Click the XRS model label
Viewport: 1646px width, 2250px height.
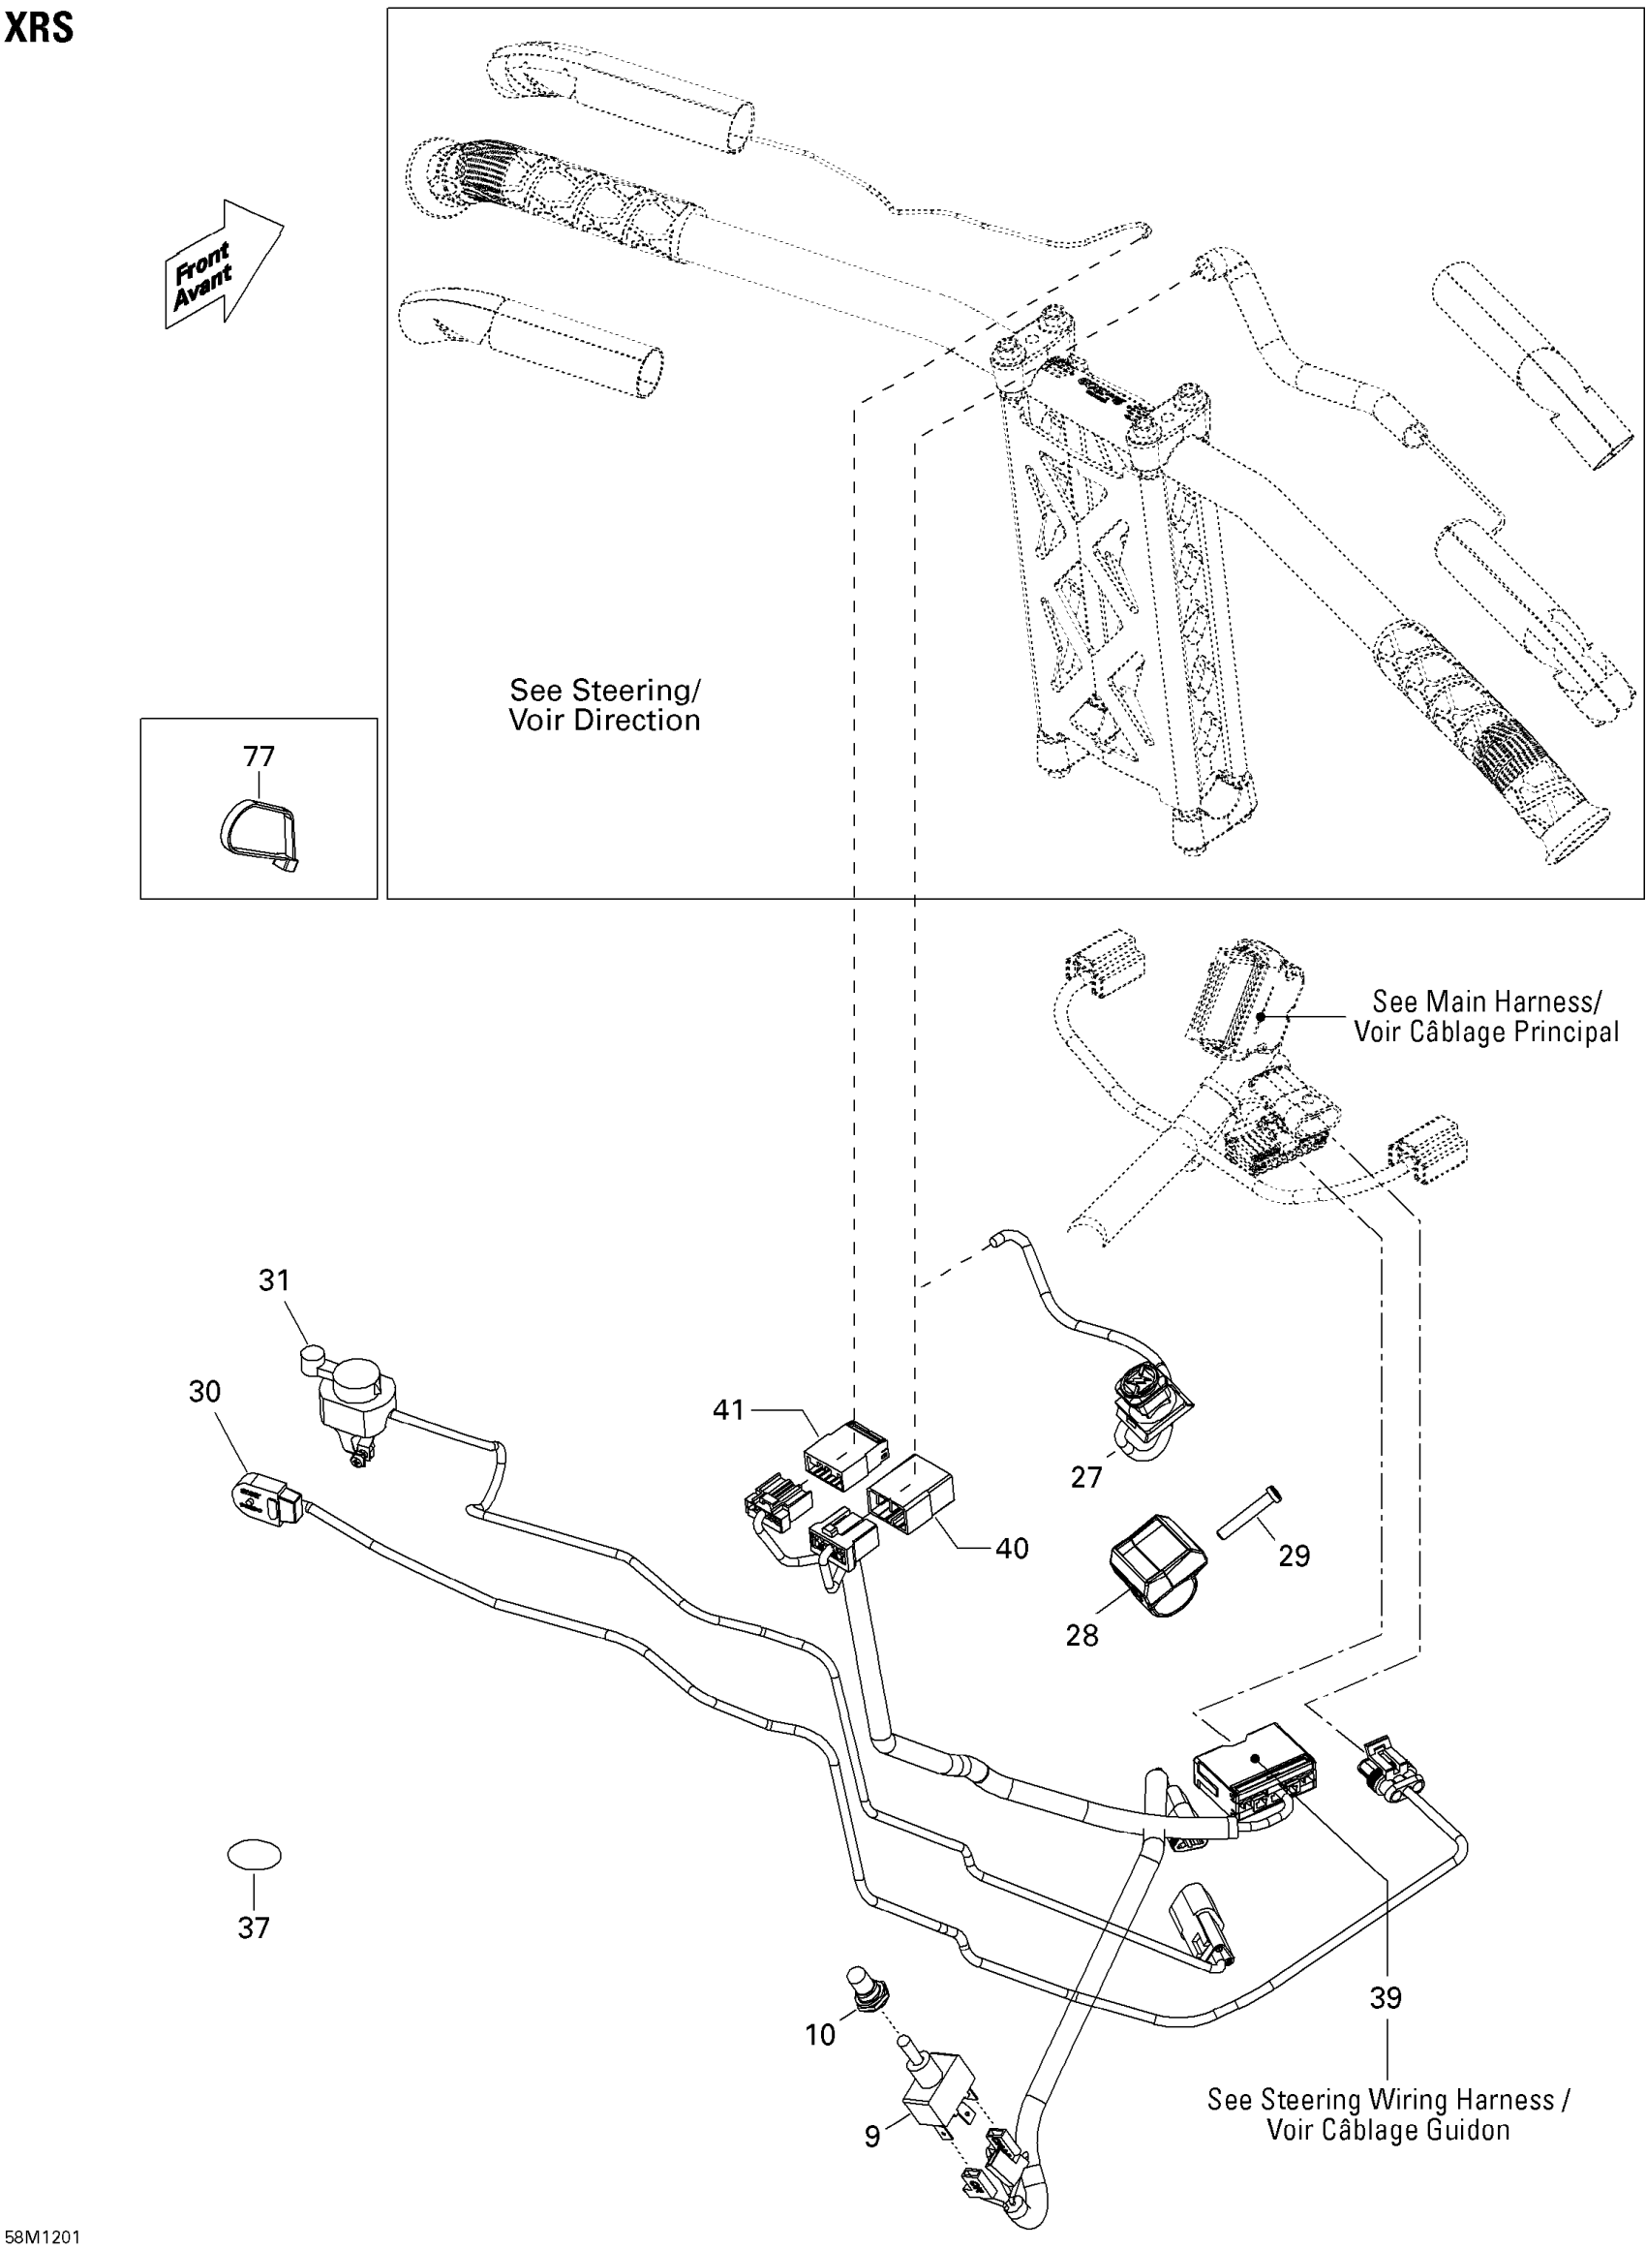click(39, 27)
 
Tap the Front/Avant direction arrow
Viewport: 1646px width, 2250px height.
click(225, 263)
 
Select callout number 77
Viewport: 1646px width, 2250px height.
click(259, 756)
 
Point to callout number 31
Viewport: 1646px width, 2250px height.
click(274, 1280)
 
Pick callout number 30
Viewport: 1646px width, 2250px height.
click(204, 1392)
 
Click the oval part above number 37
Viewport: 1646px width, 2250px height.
click(254, 1856)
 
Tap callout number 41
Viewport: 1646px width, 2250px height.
click(728, 1410)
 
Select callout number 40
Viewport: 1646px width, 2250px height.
click(1013, 1549)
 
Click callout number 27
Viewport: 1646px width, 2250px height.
click(1086, 1478)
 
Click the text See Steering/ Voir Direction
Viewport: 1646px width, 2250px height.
click(605, 704)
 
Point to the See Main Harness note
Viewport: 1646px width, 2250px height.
click(1486, 1015)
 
